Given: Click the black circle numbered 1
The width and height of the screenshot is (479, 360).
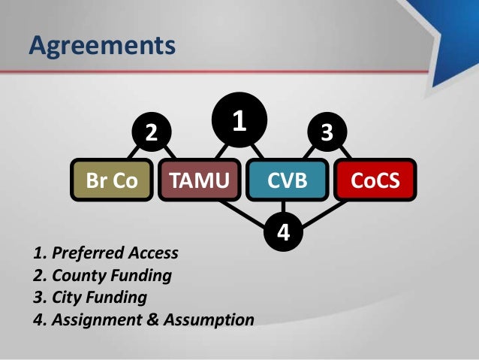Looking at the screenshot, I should tap(239, 120).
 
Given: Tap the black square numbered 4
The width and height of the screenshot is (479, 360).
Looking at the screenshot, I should tap(283, 232).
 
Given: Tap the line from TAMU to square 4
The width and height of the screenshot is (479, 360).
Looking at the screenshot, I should tap(240, 211).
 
